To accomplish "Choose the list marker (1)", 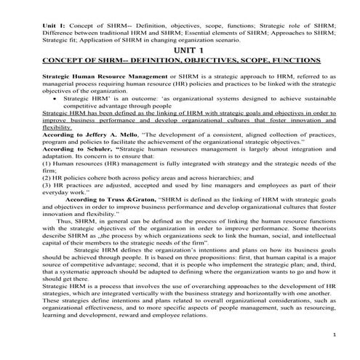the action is coord(47,162).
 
